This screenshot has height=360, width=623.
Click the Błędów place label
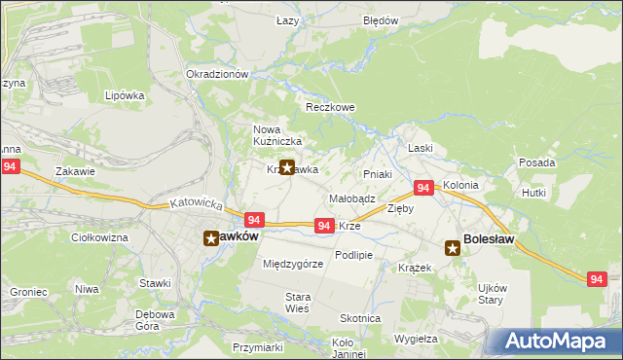pyautogui.click(x=381, y=20)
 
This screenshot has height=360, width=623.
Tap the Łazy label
pyautogui.click(x=286, y=20)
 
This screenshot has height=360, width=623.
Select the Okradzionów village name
pyautogui.click(x=217, y=74)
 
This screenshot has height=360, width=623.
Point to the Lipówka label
pyautogui.click(x=125, y=95)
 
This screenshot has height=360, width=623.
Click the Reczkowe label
pyautogui.click(x=330, y=107)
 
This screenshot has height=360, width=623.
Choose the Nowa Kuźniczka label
pyautogui.click(x=272, y=135)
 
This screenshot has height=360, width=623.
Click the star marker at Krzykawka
pyautogui.click(x=287, y=167)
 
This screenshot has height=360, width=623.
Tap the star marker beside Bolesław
pyautogui.click(x=453, y=248)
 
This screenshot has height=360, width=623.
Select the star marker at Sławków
pyautogui.click(x=211, y=237)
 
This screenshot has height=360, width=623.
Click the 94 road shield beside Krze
pyautogui.click(x=325, y=226)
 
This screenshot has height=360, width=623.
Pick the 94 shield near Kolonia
pyautogui.click(x=423, y=188)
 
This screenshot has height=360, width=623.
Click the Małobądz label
pyautogui.click(x=352, y=198)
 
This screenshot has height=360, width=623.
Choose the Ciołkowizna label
pyautogui.click(x=100, y=237)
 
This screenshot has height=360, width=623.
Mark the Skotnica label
pyautogui.click(x=360, y=318)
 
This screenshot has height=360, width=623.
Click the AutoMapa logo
pyautogui.click(x=558, y=342)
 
